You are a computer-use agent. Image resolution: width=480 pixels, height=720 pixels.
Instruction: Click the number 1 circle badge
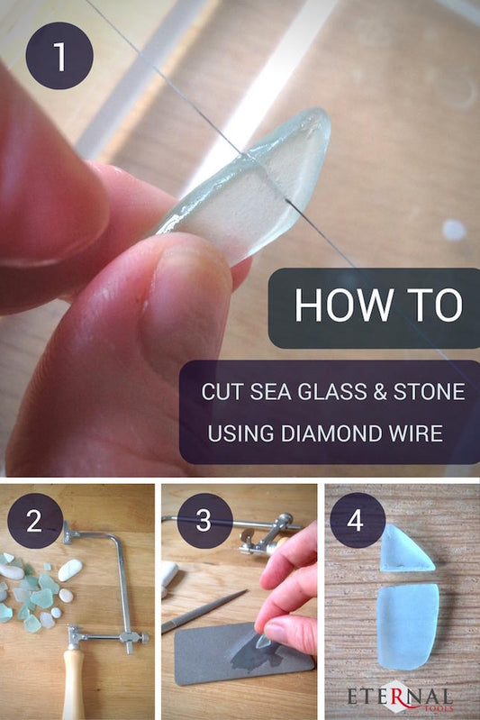point(59,56)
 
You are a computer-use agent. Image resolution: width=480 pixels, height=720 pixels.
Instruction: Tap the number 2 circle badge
point(35,521)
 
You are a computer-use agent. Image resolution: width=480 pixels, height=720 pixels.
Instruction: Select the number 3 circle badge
point(204,521)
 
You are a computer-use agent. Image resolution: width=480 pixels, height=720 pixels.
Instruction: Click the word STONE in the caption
point(429,392)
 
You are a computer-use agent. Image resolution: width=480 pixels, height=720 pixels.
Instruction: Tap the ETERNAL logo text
point(399,697)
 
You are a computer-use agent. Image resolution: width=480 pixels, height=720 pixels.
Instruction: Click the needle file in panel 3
point(204,611)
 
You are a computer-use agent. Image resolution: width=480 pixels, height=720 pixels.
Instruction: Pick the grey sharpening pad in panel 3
point(243,654)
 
